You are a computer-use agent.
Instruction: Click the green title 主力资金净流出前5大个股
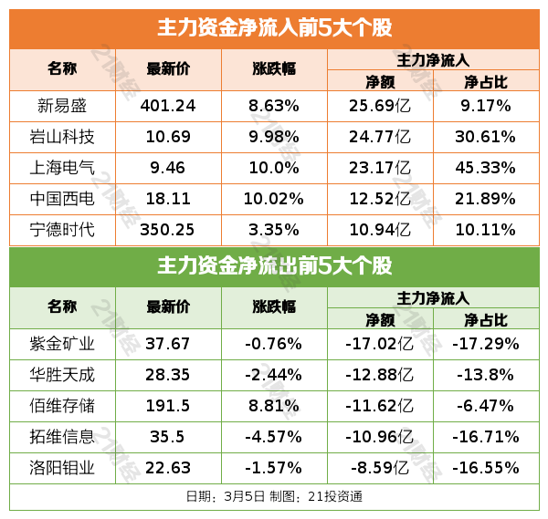274,266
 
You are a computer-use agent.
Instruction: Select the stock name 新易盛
62,106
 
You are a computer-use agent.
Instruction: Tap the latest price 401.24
168,106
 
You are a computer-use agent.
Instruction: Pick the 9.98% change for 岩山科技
274,137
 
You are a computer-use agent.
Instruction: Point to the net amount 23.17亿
379,168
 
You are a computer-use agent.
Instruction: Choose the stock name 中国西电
62,199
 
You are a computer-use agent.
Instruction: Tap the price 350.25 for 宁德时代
168,229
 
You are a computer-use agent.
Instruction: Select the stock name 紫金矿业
62,344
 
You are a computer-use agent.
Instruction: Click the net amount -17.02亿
379,344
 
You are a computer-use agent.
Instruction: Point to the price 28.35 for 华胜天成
168,375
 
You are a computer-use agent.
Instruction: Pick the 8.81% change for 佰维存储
274,406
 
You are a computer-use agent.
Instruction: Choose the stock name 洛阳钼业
62,468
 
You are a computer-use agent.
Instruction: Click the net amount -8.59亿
379,468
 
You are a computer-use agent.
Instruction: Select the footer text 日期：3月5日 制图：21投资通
274,497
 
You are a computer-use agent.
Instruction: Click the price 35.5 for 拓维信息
168,437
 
